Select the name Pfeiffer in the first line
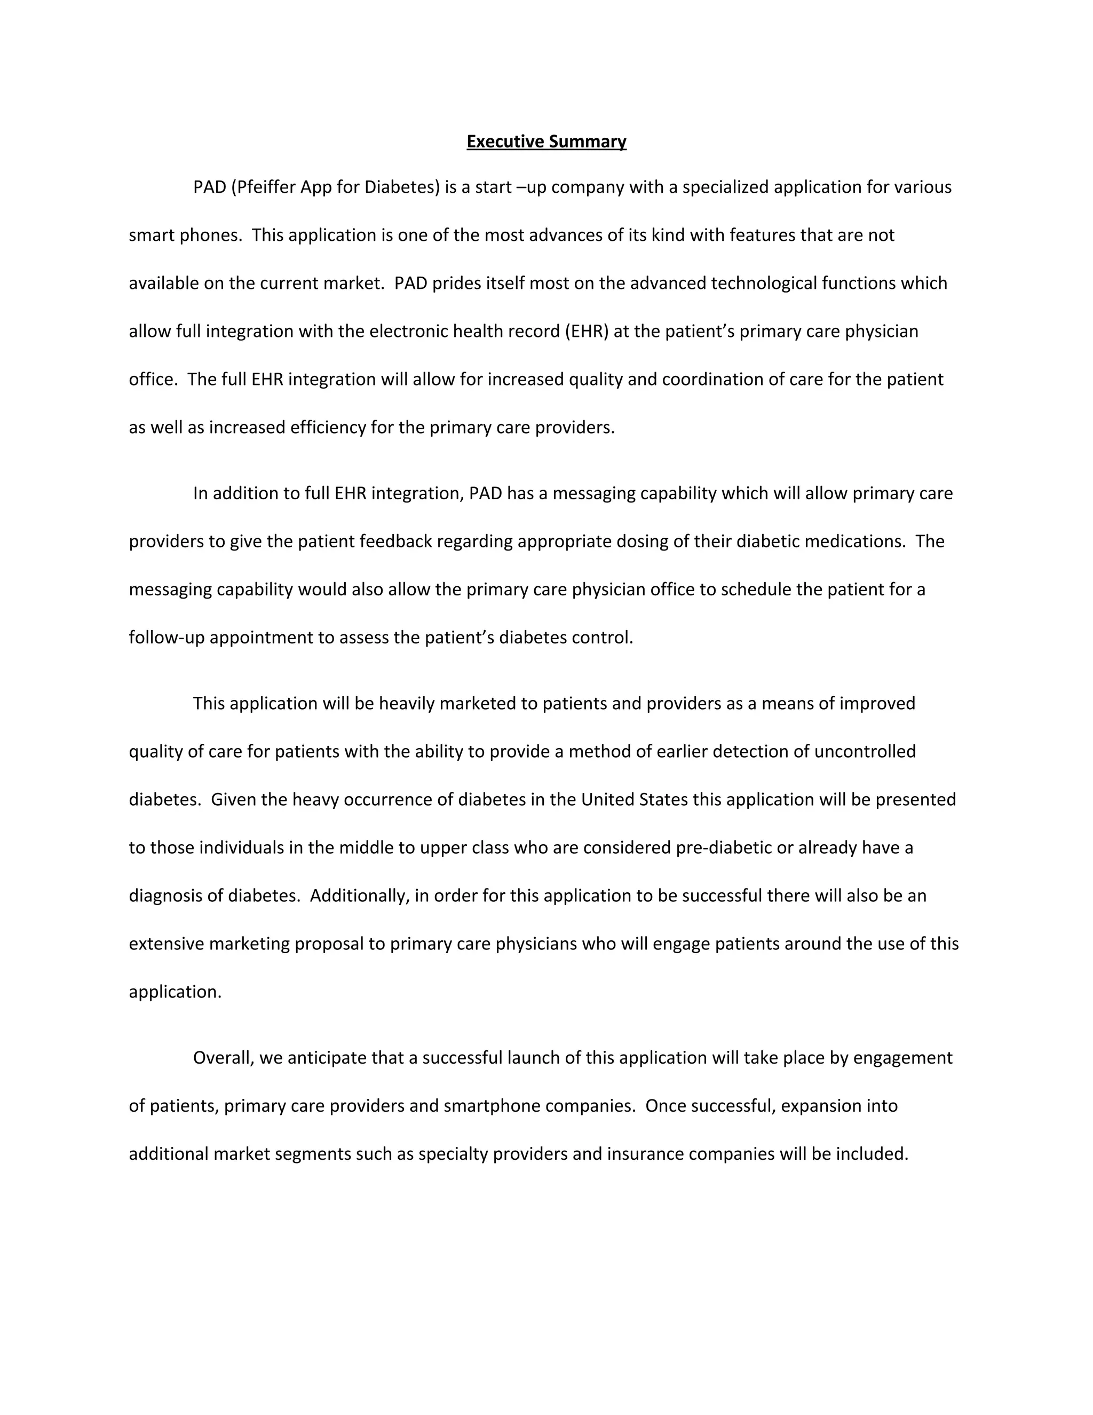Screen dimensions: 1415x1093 click(x=265, y=187)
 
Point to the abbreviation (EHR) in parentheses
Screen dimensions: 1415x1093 click(x=587, y=331)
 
